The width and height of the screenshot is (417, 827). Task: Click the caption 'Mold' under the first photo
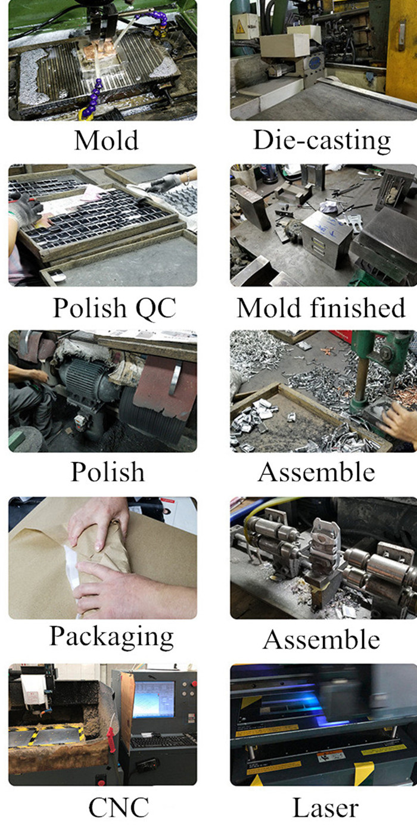(106, 140)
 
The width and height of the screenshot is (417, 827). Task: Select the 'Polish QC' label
(115, 307)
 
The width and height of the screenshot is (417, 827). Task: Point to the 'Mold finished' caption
(322, 307)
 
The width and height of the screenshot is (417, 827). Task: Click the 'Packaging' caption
(111, 637)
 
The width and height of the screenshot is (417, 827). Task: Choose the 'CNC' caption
(119, 807)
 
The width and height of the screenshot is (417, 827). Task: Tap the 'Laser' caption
(325, 807)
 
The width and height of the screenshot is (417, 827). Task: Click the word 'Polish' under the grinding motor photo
(108, 472)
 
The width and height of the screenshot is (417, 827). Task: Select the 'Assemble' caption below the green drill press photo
(317, 472)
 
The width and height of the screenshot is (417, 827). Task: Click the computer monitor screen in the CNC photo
(153, 699)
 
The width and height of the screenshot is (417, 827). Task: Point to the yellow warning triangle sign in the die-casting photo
(240, 27)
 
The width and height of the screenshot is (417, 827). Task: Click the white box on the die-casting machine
(284, 45)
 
